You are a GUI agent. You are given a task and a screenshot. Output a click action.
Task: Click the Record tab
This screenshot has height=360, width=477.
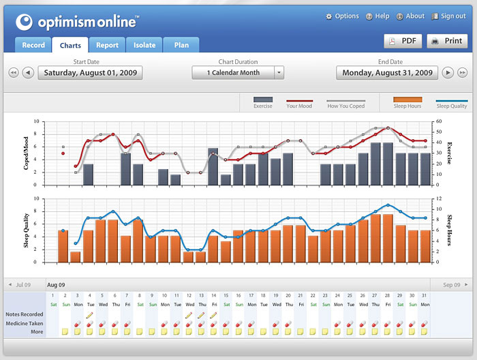pyautogui.click(x=33, y=46)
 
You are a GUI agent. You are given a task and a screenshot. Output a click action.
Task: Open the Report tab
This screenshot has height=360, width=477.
pyautogui.click(x=107, y=46)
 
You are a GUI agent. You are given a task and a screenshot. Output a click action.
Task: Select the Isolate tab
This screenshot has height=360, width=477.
pyautogui.click(x=144, y=46)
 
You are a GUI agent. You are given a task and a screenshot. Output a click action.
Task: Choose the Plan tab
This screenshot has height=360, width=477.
pyautogui.click(x=181, y=46)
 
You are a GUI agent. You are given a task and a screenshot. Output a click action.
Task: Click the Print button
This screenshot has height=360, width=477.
pyautogui.click(x=447, y=41)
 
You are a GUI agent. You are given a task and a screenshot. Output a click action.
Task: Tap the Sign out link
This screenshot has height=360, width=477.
pyautogui.click(x=448, y=16)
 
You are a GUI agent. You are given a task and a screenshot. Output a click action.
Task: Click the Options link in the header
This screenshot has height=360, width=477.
pyautogui.click(x=342, y=16)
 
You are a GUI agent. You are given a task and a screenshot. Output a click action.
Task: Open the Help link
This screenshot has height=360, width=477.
pyautogui.click(x=378, y=16)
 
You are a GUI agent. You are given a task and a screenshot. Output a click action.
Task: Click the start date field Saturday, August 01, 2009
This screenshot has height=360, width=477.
pyautogui.click(x=90, y=72)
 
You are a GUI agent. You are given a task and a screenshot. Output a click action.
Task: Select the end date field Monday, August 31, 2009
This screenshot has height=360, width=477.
pyautogui.click(x=388, y=72)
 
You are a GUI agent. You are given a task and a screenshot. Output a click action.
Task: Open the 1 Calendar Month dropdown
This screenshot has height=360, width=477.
pyautogui.click(x=238, y=72)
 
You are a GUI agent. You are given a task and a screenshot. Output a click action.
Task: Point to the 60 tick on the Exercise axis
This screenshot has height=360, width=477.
pyautogui.click(x=440, y=122)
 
